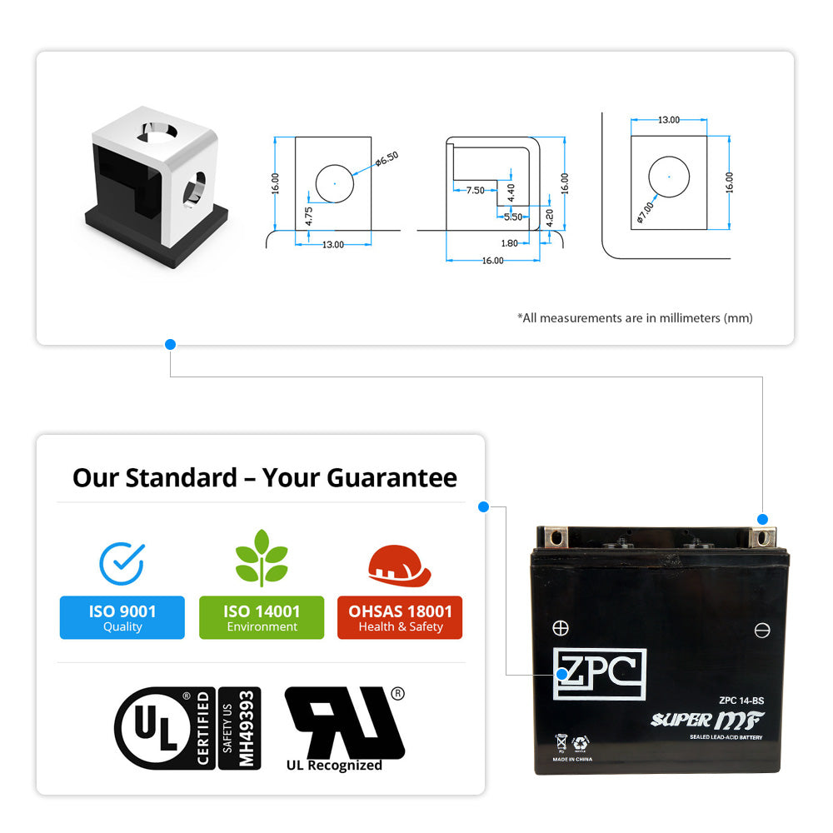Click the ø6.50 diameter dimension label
click(x=387, y=158)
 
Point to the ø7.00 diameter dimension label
click(x=646, y=212)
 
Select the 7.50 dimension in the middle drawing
click(x=475, y=191)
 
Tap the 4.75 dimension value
click(x=309, y=216)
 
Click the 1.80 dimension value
click(x=509, y=243)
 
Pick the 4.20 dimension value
click(x=550, y=218)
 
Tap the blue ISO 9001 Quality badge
click(x=122, y=618)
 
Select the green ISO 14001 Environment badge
click(x=262, y=618)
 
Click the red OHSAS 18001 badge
click(x=400, y=618)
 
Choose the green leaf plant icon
click(x=262, y=557)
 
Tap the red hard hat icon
click(x=400, y=564)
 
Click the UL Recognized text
click(x=334, y=766)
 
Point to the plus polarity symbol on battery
click(x=561, y=628)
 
